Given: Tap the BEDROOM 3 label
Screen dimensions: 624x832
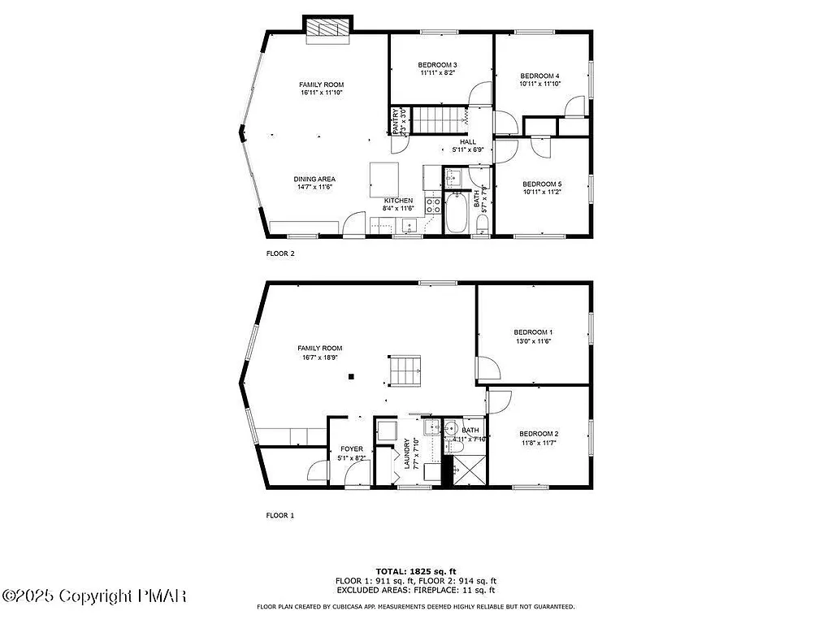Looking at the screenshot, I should (437, 65).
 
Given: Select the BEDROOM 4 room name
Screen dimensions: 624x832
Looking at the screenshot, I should (540, 76).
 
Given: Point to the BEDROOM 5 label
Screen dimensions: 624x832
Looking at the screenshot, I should (542, 184).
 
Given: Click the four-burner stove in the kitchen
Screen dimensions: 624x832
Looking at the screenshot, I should (432, 203).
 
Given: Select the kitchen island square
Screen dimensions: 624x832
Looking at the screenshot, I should (385, 175).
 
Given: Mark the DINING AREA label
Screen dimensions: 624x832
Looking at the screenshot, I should (314, 179).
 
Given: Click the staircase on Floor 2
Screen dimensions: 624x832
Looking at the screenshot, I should (439, 119).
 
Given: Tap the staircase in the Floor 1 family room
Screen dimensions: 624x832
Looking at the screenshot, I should (404, 371).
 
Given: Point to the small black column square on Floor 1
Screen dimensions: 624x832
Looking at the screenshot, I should (351, 376).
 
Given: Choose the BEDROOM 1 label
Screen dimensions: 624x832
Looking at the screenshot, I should (533, 331).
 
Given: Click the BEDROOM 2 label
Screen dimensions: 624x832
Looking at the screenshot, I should (539, 433).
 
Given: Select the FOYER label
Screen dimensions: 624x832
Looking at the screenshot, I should (352, 448).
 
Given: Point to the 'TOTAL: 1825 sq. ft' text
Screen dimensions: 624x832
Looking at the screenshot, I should (415, 571).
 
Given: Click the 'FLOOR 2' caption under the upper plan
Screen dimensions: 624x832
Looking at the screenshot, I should (280, 253).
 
